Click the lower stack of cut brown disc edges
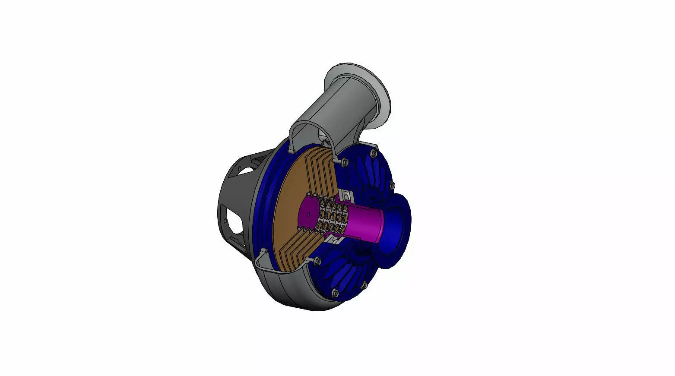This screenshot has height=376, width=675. pos(298,250)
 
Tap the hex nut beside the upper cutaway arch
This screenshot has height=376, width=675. pos(344,162)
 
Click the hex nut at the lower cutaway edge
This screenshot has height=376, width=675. pos(317,261)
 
